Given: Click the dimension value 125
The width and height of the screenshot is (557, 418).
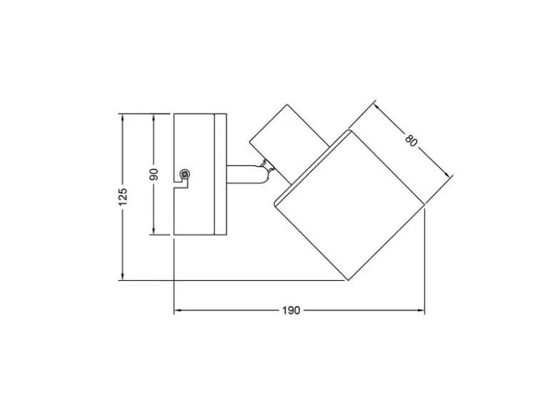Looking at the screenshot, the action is tap(123, 196).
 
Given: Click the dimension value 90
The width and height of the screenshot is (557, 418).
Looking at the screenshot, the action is tap(154, 174).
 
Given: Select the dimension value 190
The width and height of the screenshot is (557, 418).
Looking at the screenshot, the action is tap(291, 310).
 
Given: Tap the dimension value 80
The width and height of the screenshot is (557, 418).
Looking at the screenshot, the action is tap(411, 140).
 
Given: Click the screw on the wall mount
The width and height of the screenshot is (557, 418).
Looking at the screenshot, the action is tap(185, 174).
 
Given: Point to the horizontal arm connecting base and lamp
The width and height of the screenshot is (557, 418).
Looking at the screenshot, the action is tap(245, 174).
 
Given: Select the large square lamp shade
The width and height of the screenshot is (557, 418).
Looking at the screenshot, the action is tap(349, 205).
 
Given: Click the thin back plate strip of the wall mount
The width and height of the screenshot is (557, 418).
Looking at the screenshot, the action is tap(221, 174).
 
